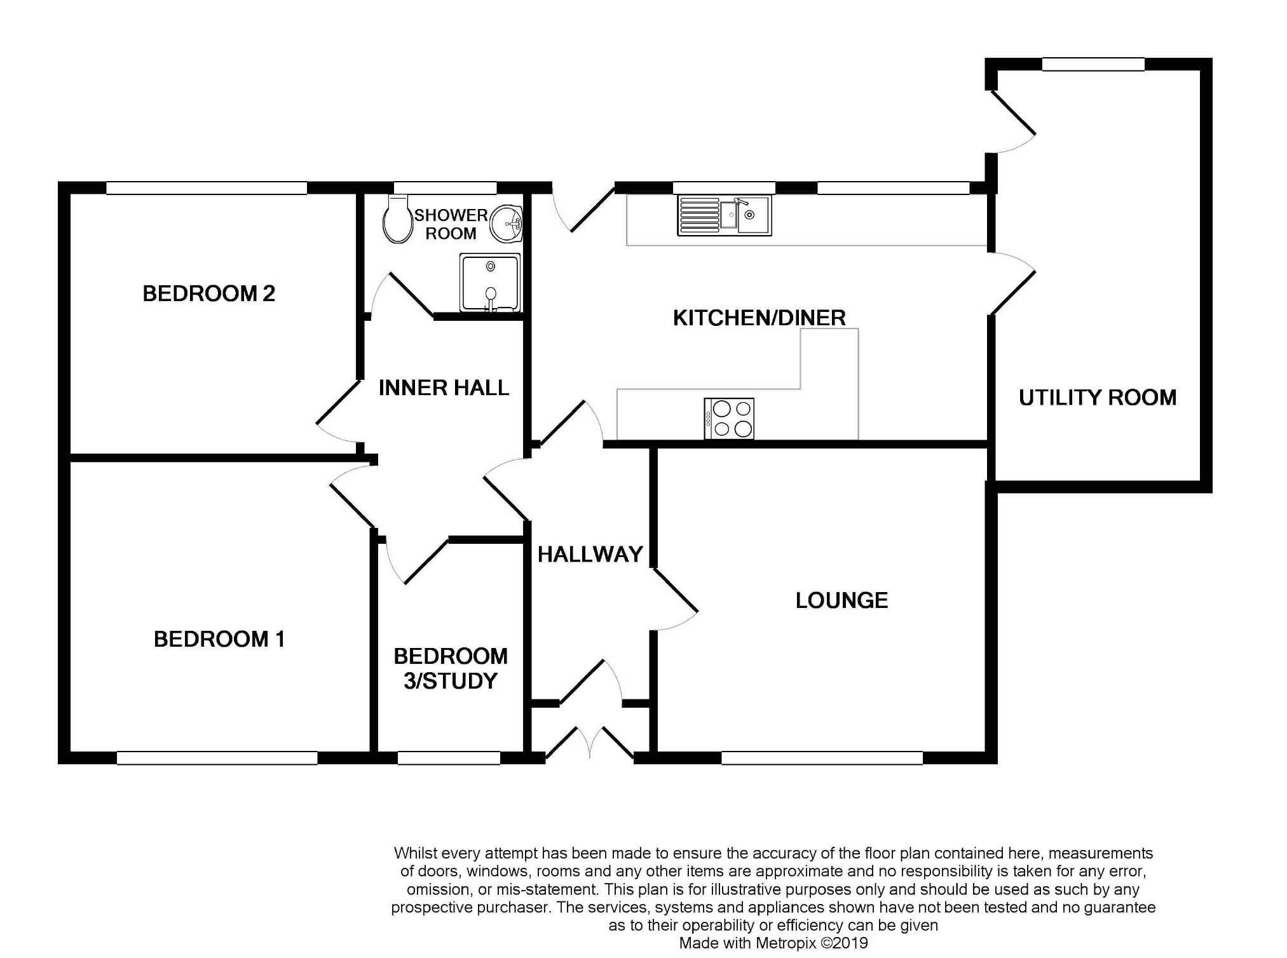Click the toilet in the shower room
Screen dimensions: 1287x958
pyautogui.click(x=398, y=219)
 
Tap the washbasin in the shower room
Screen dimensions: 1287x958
pyautogui.click(x=508, y=224)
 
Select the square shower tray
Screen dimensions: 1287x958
pyautogui.click(x=490, y=283)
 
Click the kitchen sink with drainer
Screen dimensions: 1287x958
pyautogui.click(x=725, y=215)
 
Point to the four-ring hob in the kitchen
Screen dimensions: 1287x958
pyautogui.click(x=729, y=419)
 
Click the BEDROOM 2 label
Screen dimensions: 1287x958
pyautogui.click(x=208, y=293)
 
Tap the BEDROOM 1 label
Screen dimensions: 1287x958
pyautogui.click(x=219, y=639)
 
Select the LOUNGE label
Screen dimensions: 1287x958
pyautogui.click(x=841, y=600)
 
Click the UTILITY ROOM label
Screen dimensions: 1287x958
pyautogui.click(x=1098, y=398)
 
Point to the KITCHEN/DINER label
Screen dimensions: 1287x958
pyautogui.click(x=759, y=318)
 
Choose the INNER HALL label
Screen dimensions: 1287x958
pyautogui.click(x=444, y=388)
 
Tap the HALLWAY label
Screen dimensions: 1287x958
pyautogui.click(x=590, y=555)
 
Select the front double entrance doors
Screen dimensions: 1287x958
pyautogui.click(x=590, y=744)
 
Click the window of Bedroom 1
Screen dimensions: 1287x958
pyautogui.click(x=217, y=758)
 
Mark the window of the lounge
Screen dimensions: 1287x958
pyautogui.click(x=822, y=758)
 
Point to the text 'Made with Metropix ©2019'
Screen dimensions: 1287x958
pyautogui.click(x=773, y=943)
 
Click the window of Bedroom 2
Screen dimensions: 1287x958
pyautogui.click(x=207, y=188)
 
